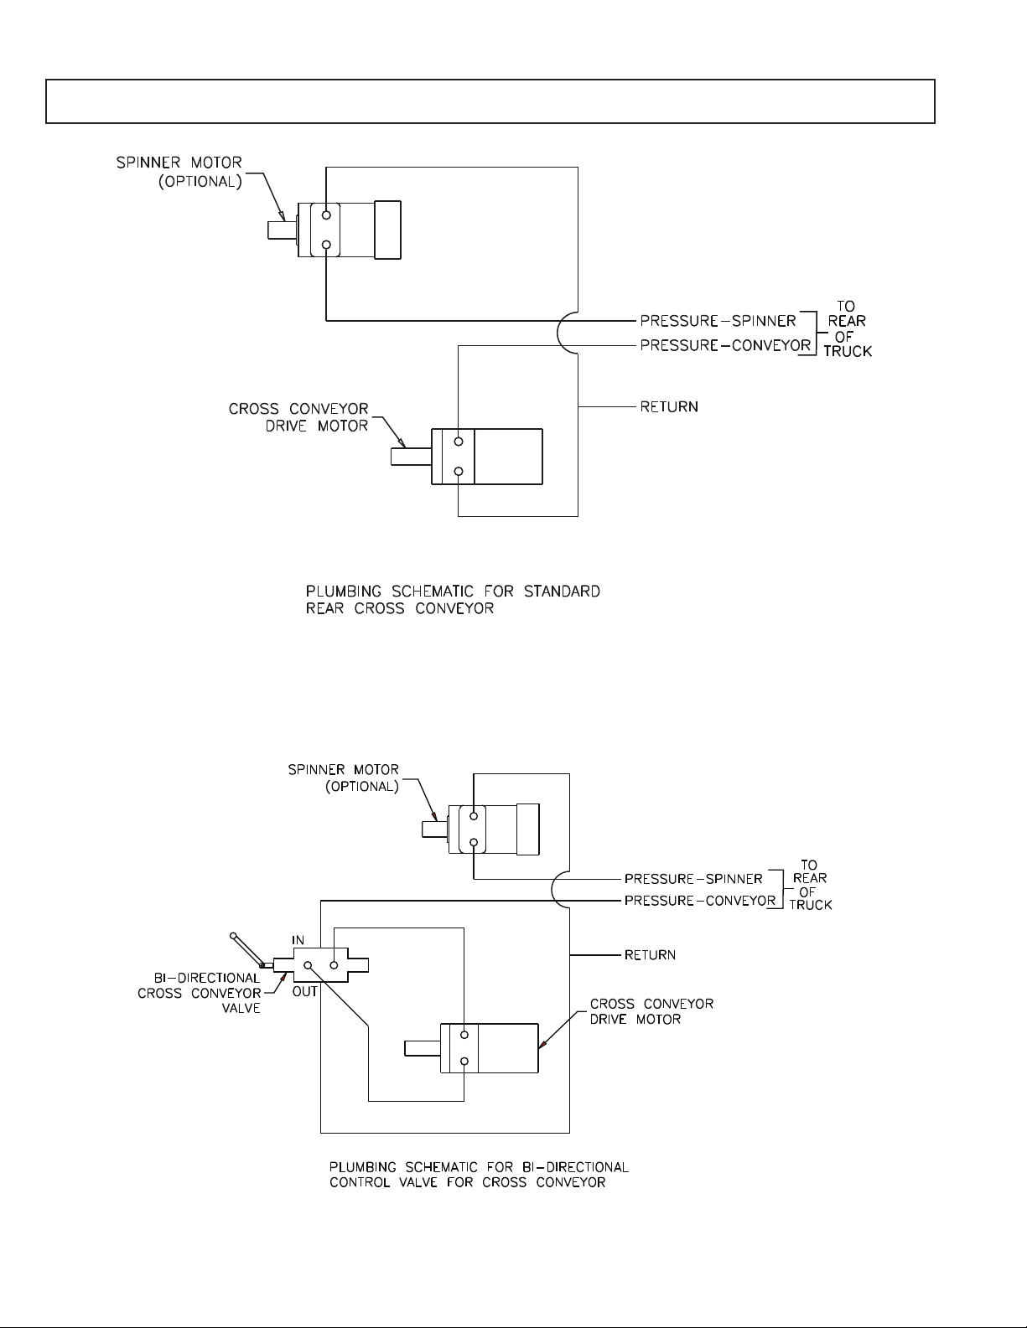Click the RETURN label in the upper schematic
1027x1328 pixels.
(x=669, y=407)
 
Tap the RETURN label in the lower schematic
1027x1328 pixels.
(x=650, y=954)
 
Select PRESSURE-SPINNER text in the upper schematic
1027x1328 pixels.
(x=718, y=320)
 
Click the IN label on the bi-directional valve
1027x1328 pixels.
(x=298, y=940)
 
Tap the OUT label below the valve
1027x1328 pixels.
(x=305, y=990)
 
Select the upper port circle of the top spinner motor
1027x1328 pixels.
(x=326, y=215)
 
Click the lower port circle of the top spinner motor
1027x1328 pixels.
(x=326, y=245)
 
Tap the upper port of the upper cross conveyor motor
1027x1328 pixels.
(x=459, y=442)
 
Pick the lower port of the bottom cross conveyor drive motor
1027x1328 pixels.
(x=464, y=1062)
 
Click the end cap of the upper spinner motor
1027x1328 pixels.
(x=387, y=230)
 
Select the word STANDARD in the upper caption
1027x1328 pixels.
(x=562, y=592)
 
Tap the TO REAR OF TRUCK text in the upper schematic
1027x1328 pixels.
(x=847, y=329)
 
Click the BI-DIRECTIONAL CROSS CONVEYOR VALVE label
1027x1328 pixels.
(x=200, y=993)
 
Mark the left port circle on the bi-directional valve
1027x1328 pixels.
(x=308, y=965)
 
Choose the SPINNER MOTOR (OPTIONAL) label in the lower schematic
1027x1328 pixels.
(x=344, y=778)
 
